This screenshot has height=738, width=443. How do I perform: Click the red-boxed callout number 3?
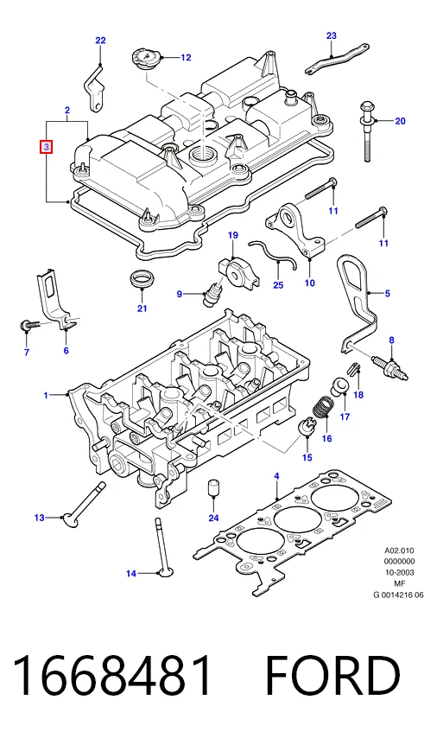point(47,147)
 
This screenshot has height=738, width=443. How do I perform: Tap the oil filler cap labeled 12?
point(147,60)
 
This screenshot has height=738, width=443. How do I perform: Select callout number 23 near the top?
point(332,35)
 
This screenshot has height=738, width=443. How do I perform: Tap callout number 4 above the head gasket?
point(276,476)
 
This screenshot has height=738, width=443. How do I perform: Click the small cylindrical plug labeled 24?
point(214,487)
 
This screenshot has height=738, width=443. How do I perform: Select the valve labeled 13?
point(85,504)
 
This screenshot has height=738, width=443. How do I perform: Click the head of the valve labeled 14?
point(165,573)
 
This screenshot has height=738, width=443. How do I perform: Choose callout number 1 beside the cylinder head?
point(46,395)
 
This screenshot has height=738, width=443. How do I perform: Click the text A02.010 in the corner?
point(399,550)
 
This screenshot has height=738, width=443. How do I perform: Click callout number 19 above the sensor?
point(233,235)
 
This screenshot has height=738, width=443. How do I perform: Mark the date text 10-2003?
point(399,572)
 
